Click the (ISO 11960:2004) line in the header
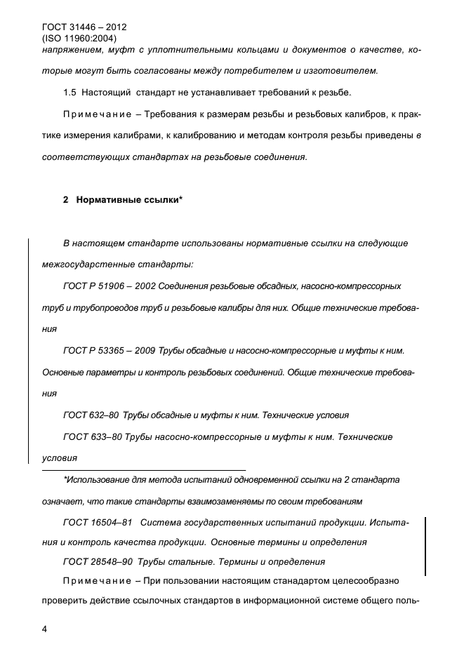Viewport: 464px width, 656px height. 79,39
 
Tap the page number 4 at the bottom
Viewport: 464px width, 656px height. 46,628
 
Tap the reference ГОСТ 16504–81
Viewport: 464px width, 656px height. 98,523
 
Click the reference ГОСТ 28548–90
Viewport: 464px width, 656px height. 98,561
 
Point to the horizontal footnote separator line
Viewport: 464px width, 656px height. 144,469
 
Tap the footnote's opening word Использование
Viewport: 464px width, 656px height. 98,480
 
